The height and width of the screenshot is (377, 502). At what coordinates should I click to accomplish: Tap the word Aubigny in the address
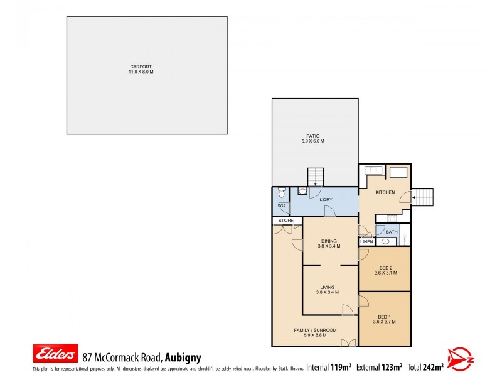click(x=183, y=358)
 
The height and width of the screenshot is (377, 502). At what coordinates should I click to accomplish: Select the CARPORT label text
click(x=141, y=67)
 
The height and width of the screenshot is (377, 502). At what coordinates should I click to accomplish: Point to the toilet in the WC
click(x=280, y=193)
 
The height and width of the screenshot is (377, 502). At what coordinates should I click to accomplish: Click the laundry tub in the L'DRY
click(x=302, y=192)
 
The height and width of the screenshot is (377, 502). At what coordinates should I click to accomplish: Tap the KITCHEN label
click(x=385, y=192)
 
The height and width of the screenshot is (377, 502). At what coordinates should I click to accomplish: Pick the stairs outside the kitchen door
click(x=424, y=197)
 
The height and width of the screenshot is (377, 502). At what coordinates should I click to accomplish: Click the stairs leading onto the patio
click(x=315, y=177)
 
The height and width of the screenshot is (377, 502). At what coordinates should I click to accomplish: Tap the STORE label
click(x=286, y=221)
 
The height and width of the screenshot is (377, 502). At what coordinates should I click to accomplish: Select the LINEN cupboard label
click(x=366, y=242)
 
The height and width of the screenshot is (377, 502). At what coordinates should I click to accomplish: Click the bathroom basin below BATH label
click(x=385, y=241)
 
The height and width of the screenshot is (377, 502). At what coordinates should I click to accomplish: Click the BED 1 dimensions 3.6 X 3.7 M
click(x=383, y=322)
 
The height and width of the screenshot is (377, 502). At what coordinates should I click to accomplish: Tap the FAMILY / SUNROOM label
click(x=315, y=331)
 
